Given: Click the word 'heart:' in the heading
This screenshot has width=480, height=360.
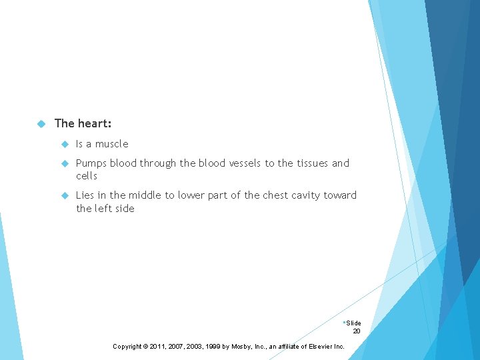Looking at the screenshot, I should [x=95, y=123].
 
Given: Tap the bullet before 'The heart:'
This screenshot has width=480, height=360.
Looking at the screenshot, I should [x=41, y=123].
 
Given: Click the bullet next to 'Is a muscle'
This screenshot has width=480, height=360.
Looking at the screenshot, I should [x=64, y=144].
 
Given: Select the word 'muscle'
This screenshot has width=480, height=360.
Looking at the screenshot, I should [x=111, y=144].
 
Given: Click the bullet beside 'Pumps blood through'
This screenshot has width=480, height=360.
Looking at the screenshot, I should [x=64, y=163].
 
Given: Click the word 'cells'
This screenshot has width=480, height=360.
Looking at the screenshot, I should [x=87, y=176].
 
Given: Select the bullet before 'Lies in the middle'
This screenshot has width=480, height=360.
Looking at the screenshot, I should [x=64, y=195].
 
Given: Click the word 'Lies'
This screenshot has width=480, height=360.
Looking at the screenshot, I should [x=85, y=195].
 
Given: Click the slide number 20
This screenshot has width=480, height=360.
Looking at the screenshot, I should [x=357, y=331].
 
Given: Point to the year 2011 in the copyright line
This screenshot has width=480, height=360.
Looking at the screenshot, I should [x=159, y=347].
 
